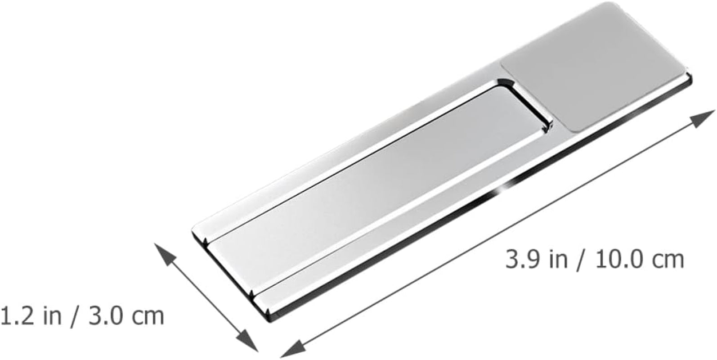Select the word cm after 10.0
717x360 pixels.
[668, 262]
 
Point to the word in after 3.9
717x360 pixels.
[559, 260]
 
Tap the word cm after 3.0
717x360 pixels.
[148, 318]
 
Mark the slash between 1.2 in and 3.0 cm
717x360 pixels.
[75, 317]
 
